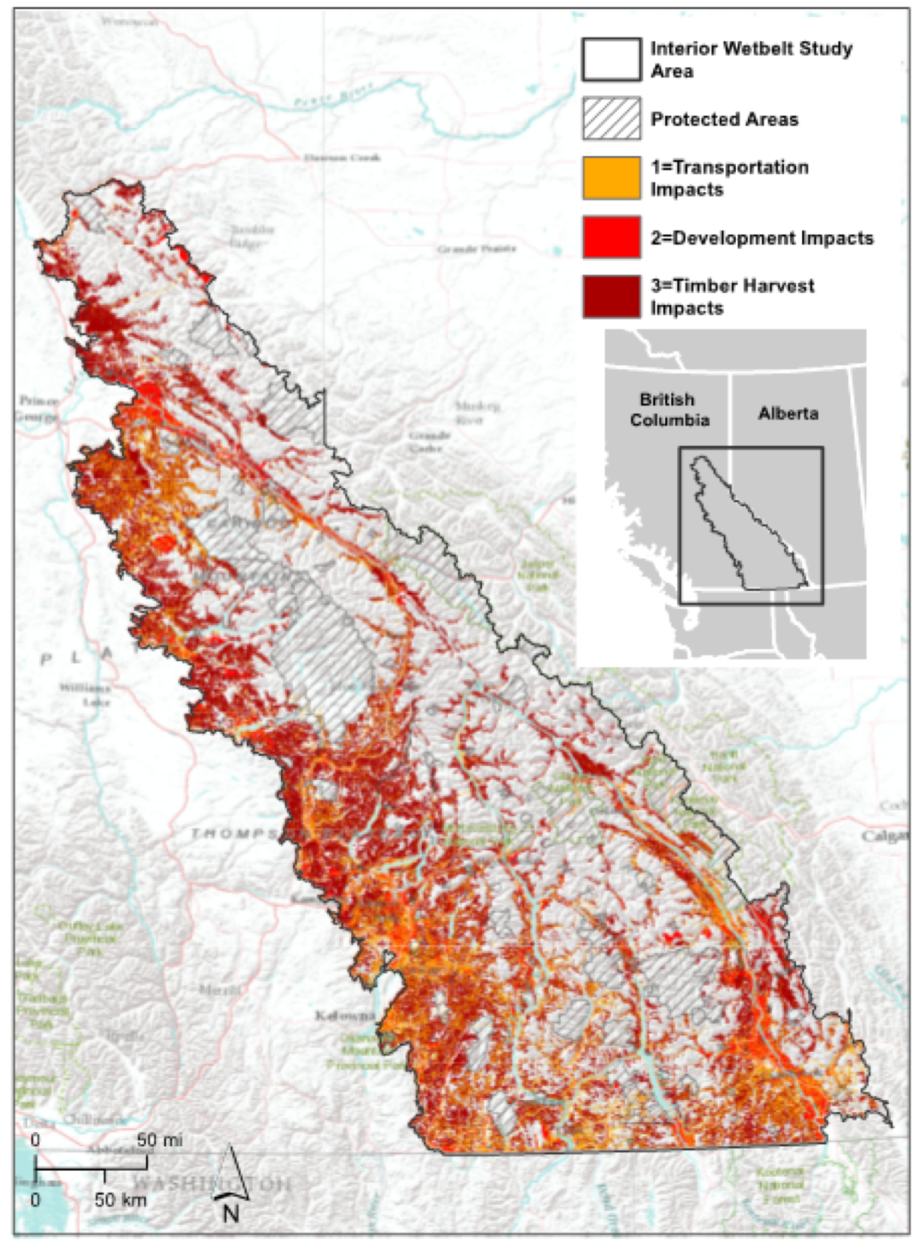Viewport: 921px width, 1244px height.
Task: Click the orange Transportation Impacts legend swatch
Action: click(x=611, y=178)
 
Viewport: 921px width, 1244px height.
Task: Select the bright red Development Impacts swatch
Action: click(x=611, y=237)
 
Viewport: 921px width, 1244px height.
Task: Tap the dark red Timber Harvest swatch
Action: click(x=611, y=297)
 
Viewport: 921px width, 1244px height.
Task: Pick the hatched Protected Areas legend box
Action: click(x=611, y=119)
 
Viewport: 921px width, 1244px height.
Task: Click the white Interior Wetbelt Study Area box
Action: click(x=611, y=59)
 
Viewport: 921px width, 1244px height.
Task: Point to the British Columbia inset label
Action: click(x=669, y=409)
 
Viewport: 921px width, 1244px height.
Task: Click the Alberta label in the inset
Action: click(x=788, y=413)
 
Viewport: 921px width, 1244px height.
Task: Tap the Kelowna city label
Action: click(x=345, y=1016)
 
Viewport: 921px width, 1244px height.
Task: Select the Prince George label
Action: click(x=37, y=409)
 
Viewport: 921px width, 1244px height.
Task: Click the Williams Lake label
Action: click(x=86, y=694)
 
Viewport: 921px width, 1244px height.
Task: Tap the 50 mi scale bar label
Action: click(x=160, y=1140)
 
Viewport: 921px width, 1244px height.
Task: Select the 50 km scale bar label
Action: click(x=120, y=1200)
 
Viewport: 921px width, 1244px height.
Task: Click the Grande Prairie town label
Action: click(x=476, y=248)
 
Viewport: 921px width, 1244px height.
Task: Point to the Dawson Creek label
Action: click(x=342, y=157)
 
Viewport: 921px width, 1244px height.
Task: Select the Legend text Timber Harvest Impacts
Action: click(x=731, y=297)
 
